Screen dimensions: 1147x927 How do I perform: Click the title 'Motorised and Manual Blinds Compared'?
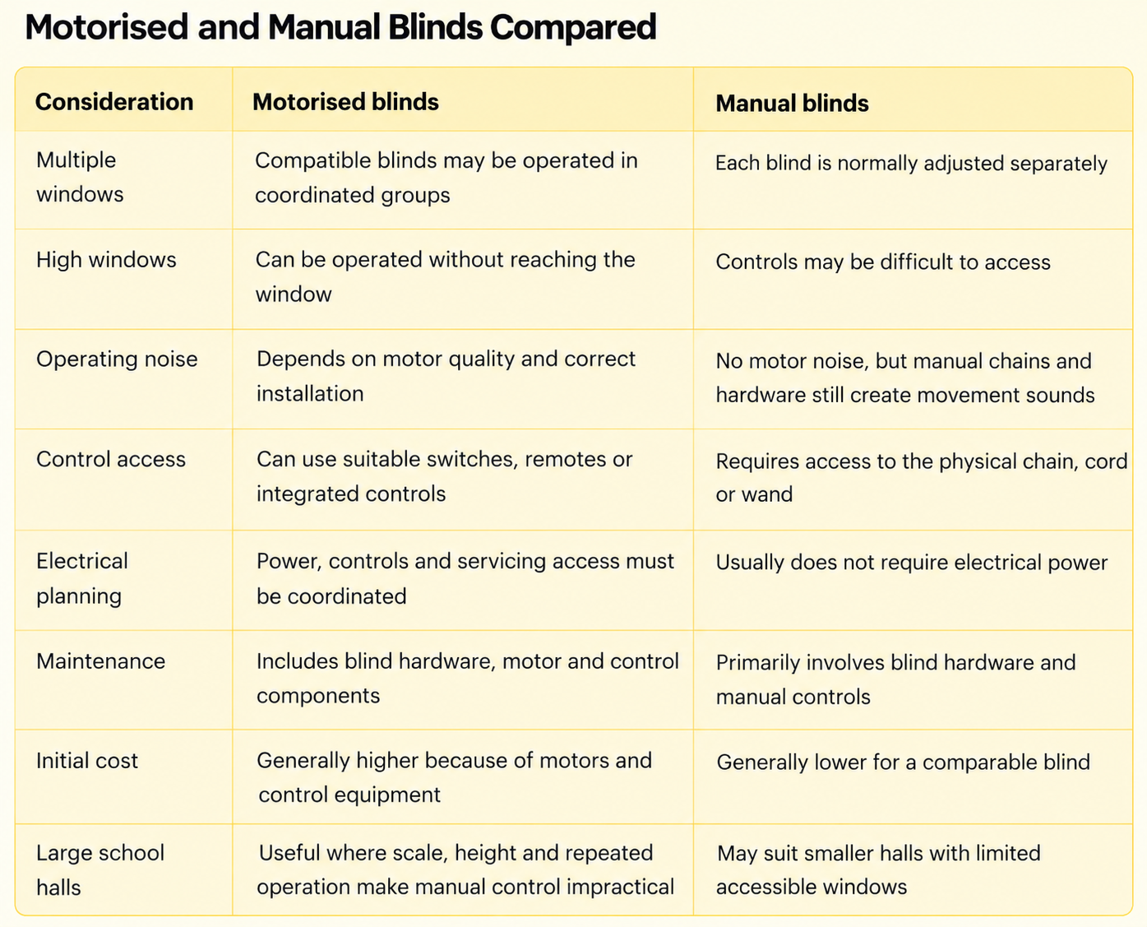click(340, 27)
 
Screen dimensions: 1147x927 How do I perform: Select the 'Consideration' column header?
click(114, 102)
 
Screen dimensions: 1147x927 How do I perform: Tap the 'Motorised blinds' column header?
click(345, 102)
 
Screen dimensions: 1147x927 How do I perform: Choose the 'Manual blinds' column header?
click(792, 103)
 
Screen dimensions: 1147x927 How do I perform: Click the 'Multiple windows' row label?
click(80, 177)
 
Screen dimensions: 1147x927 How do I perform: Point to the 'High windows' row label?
click(106, 260)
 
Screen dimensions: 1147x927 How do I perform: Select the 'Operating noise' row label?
click(117, 359)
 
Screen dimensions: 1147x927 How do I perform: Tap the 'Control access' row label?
click(111, 460)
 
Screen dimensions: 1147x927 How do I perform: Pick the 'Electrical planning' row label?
click(82, 579)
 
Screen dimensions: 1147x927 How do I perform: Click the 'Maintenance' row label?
click(100, 661)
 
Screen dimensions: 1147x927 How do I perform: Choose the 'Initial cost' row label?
click(87, 761)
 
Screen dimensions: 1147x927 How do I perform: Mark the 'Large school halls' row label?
click(100, 870)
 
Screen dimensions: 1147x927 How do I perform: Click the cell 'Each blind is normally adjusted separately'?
click(911, 163)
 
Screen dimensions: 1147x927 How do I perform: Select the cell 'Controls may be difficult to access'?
click(883, 262)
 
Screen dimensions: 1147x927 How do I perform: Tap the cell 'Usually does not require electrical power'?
click(912, 563)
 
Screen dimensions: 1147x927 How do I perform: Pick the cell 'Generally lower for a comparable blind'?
click(904, 762)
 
